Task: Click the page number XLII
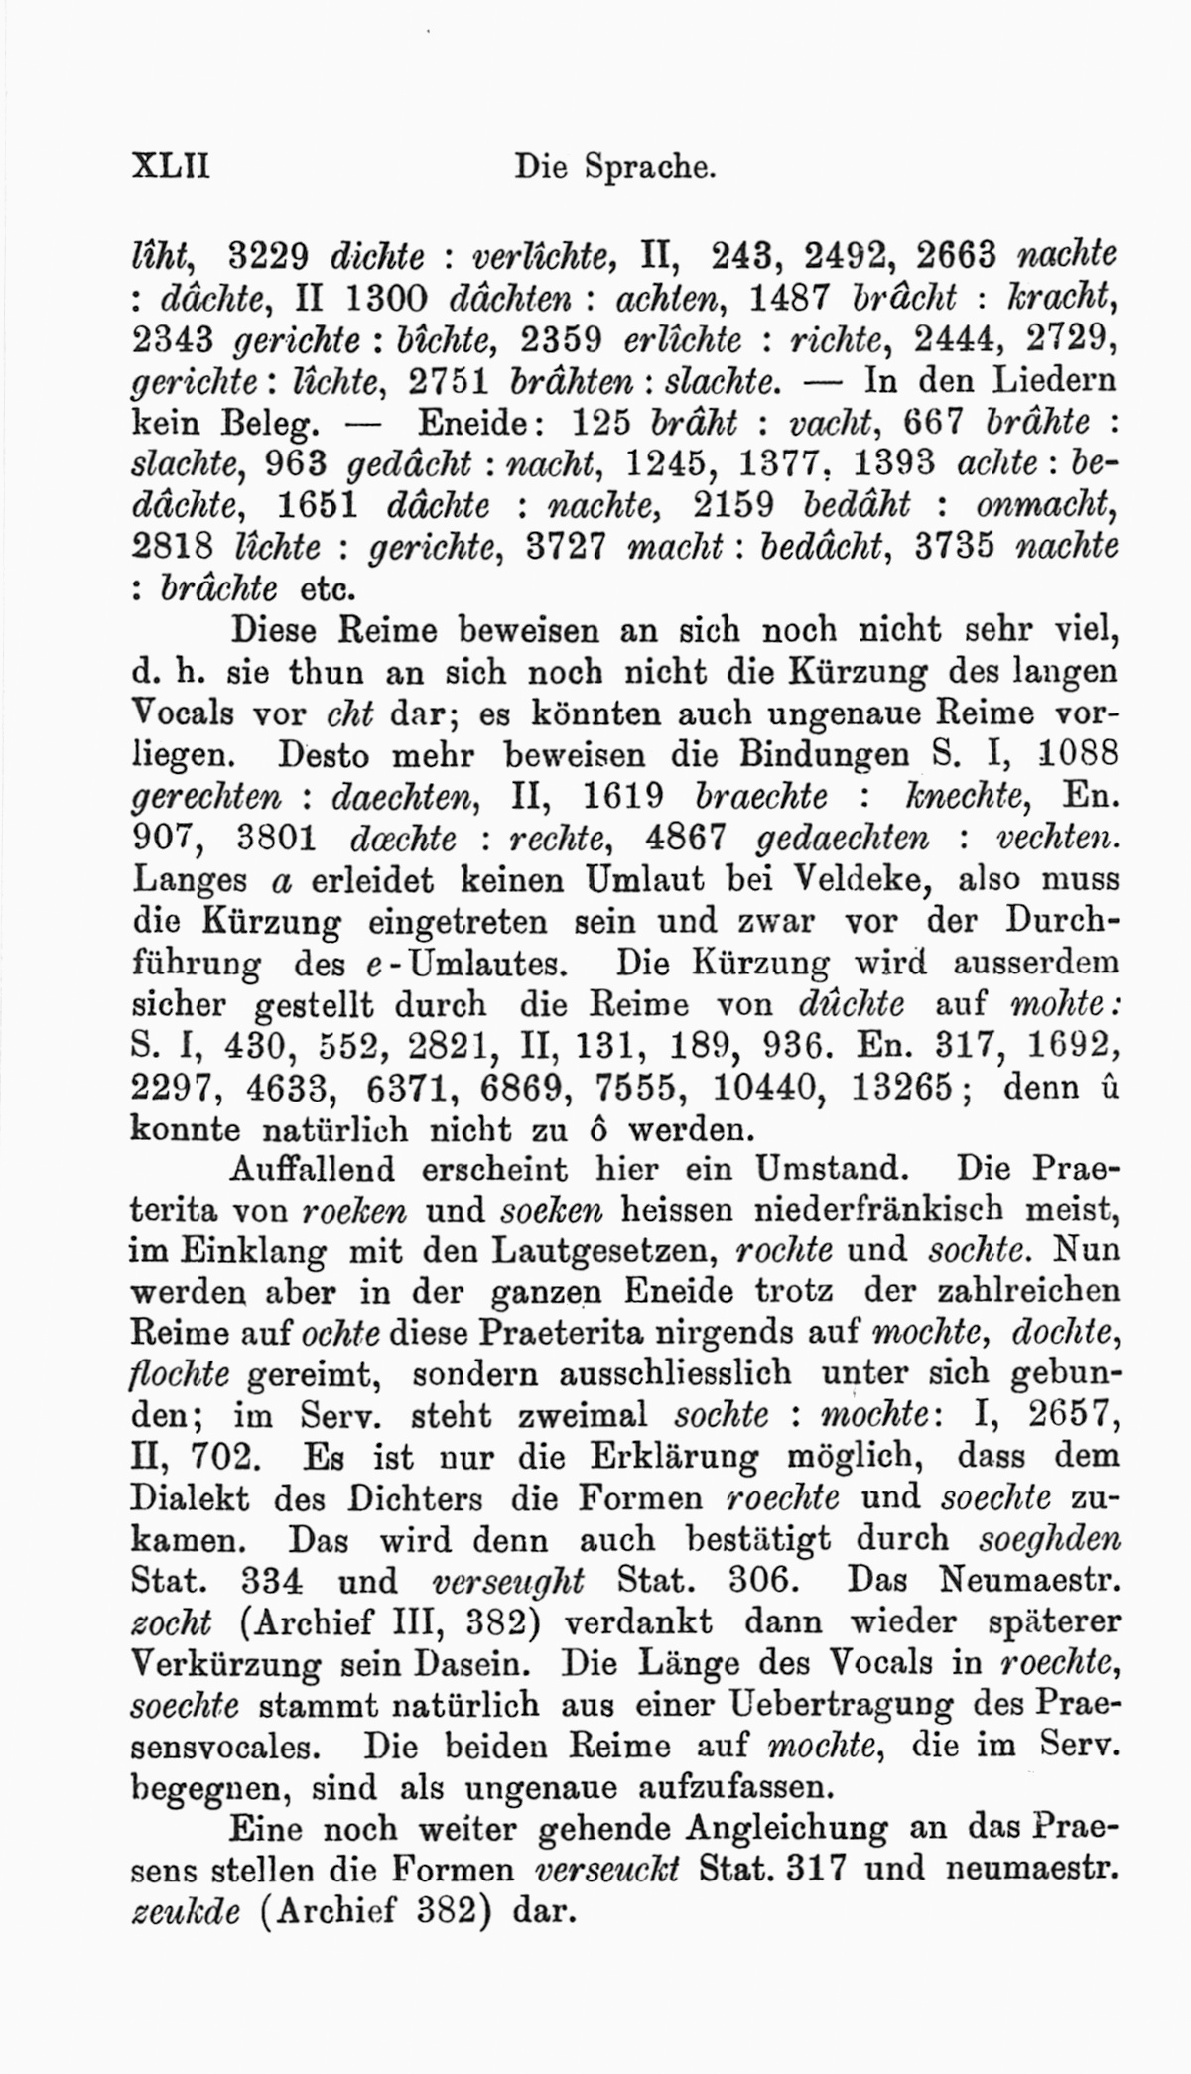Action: pyautogui.click(x=170, y=164)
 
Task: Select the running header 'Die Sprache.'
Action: pyautogui.click(x=614, y=166)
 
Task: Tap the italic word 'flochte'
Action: pyautogui.click(x=180, y=1376)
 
